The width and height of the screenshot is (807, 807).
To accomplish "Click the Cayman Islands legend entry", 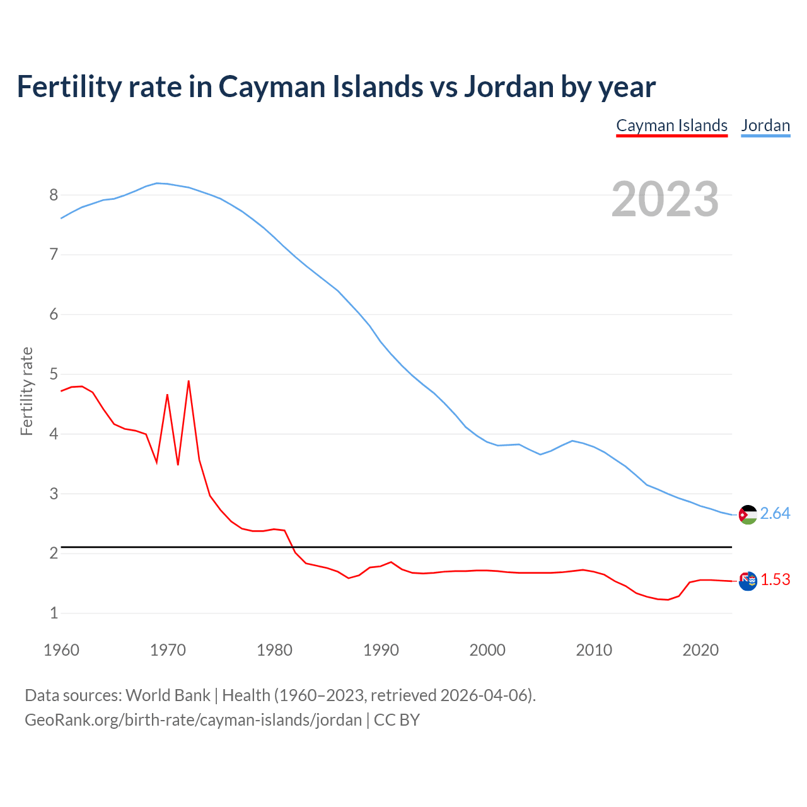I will click(x=671, y=125).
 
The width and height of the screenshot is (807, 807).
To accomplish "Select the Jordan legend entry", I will click(x=765, y=125).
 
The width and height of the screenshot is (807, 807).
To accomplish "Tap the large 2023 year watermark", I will click(x=665, y=199).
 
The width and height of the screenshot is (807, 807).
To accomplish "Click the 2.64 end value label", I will click(x=775, y=514).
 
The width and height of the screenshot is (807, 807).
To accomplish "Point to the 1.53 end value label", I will click(x=775, y=579).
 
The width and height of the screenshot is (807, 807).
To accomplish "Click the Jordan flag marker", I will click(x=748, y=514).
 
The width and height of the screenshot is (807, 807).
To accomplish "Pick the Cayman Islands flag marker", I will click(x=748, y=581).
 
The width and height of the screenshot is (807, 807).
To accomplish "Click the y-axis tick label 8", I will click(x=54, y=195).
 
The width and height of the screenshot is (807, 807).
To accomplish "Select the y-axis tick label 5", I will click(x=54, y=374).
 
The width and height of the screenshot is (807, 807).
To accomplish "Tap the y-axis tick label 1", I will click(x=54, y=613).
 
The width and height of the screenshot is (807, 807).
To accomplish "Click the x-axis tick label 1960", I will click(x=61, y=650).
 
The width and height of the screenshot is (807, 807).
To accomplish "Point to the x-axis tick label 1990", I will click(x=381, y=650).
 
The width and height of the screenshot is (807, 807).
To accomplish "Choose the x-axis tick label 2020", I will click(x=700, y=650).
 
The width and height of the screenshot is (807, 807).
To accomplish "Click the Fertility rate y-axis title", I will click(x=26, y=391).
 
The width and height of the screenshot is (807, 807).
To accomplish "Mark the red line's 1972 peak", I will click(x=189, y=381).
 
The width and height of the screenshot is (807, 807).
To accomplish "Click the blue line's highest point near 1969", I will click(x=157, y=183).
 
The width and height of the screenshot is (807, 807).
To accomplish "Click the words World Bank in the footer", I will click(x=168, y=695).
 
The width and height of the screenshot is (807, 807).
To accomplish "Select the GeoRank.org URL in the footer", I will click(x=193, y=720).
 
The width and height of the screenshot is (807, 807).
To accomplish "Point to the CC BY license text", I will click(x=397, y=720).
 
